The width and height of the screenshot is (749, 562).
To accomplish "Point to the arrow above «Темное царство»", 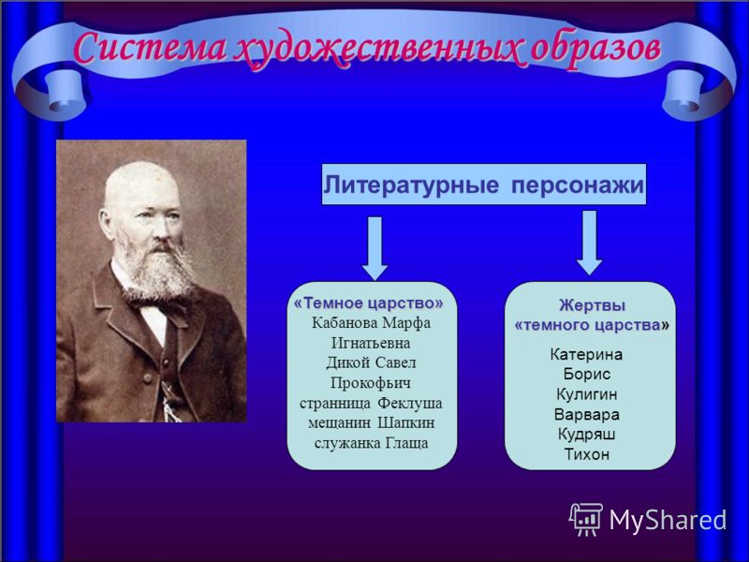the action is tap(374, 248).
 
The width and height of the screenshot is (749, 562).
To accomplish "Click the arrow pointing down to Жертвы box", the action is tap(590, 243).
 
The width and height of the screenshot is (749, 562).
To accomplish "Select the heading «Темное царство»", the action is tap(368, 303).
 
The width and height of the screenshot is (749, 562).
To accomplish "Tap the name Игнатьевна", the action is tap(371, 344).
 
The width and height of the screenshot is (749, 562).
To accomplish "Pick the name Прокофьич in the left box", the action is tap(370, 383).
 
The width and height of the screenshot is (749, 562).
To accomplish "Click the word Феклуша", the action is tap(410, 404).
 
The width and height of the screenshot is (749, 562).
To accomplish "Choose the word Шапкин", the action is tap(406, 423).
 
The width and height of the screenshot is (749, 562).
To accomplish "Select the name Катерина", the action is tap(587, 355).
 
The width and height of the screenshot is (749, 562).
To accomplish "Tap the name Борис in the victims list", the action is tap(587, 374).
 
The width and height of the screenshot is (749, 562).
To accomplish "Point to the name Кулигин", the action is tap(587, 394).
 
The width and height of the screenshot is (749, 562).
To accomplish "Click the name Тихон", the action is tap(587, 454).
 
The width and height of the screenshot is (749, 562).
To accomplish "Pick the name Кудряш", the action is tap(587, 435).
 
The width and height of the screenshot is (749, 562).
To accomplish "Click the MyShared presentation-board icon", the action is tap(586, 519).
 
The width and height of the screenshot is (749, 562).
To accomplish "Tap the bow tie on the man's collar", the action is tap(160, 308).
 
